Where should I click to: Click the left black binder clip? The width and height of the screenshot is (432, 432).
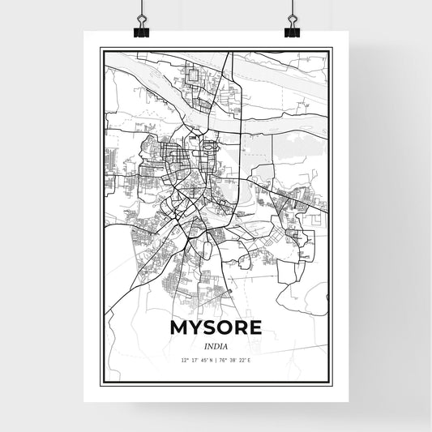[x=140, y=29]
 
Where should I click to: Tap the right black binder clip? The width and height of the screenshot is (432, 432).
[x=291, y=29]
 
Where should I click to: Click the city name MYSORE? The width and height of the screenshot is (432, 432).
[x=216, y=327]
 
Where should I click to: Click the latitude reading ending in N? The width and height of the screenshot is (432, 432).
[x=198, y=361]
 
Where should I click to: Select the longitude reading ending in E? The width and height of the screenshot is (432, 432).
[x=234, y=361]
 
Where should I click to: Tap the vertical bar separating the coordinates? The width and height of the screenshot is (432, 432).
[x=216, y=361]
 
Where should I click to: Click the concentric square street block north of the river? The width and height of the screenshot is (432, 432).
[x=194, y=77]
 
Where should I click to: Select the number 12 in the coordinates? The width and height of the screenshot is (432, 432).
[x=185, y=361]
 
